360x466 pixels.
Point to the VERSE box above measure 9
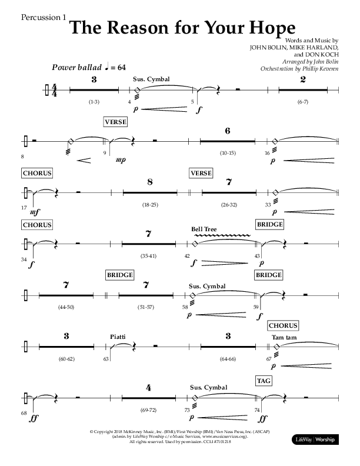pyautogui.click(x=116, y=122)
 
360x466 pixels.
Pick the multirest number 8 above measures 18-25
pyautogui.click(x=150, y=182)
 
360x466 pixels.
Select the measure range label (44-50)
pyautogui.click(x=66, y=308)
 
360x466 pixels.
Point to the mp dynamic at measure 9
pyautogui.click(x=121, y=159)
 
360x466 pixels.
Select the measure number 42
pyautogui.click(x=187, y=257)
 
